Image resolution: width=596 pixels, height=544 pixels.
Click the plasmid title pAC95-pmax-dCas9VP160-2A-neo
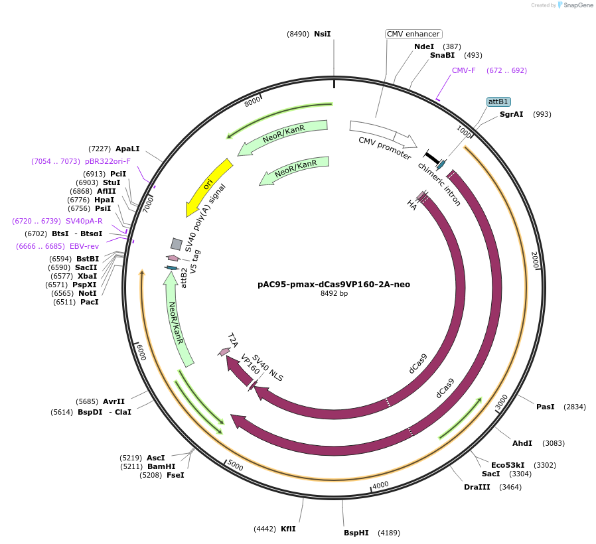(333, 284)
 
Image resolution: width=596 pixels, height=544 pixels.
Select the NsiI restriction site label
(322, 34)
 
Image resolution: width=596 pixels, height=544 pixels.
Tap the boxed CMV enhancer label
(413, 34)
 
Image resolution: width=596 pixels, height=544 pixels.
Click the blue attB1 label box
(498, 102)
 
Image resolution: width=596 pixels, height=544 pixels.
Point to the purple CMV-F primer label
(464, 70)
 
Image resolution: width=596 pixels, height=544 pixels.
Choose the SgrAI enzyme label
(511, 114)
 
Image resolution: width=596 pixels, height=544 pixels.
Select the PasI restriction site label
(545, 407)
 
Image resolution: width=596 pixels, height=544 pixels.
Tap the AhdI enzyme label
(522, 443)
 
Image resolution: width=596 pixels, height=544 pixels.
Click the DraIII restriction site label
(477, 487)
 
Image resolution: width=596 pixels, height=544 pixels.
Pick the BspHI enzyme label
(356, 533)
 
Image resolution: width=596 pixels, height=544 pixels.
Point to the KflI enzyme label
(288, 529)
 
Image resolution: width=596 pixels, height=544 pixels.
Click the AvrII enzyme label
(113, 401)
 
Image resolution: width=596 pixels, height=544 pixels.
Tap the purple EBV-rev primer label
(84, 246)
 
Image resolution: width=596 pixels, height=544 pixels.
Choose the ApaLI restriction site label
(127, 149)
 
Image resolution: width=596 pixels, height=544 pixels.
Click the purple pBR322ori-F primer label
(108, 161)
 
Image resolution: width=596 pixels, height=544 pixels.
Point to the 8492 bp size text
(333, 293)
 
